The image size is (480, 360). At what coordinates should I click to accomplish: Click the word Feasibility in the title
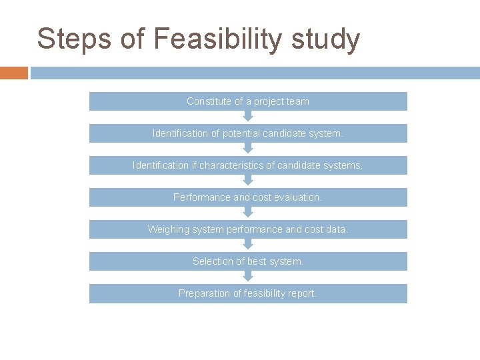(x=217, y=39)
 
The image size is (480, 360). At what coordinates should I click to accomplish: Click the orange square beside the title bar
(x=14, y=73)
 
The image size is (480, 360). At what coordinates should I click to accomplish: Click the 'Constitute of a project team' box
(x=248, y=101)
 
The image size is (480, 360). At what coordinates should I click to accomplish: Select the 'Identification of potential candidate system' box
(x=248, y=133)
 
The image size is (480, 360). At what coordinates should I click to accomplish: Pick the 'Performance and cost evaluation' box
(x=248, y=197)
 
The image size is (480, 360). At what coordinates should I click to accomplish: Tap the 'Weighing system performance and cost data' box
(x=248, y=229)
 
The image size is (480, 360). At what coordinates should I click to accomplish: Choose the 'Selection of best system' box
(x=248, y=261)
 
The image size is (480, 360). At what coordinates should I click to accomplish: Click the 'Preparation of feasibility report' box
(x=248, y=293)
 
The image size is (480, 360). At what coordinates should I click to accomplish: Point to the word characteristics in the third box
(x=231, y=165)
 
